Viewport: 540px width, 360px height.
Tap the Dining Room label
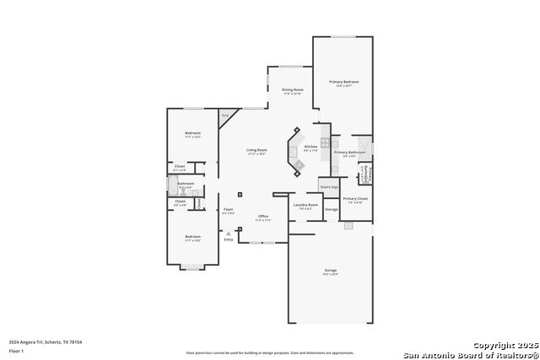(x=292, y=89)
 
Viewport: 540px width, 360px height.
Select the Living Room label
(x=256, y=151)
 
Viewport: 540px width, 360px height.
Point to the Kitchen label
(x=310, y=148)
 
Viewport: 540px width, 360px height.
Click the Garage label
(x=330, y=271)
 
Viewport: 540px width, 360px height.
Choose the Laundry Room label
(x=305, y=205)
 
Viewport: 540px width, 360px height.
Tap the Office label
(x=262, y=217)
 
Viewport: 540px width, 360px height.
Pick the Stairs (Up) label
(x=329, y=186)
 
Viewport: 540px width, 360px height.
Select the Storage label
(x=332, y=209)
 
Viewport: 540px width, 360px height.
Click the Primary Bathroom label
(x=349, y=153)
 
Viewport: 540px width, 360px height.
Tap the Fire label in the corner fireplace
(x=224, y=115)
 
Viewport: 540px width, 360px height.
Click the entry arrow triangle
(x=228, y=234)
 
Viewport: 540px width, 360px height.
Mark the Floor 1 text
(x=16, y=350)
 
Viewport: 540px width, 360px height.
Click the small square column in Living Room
(x=240, y=194)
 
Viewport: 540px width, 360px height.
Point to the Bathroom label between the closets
(x=186, y=183)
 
